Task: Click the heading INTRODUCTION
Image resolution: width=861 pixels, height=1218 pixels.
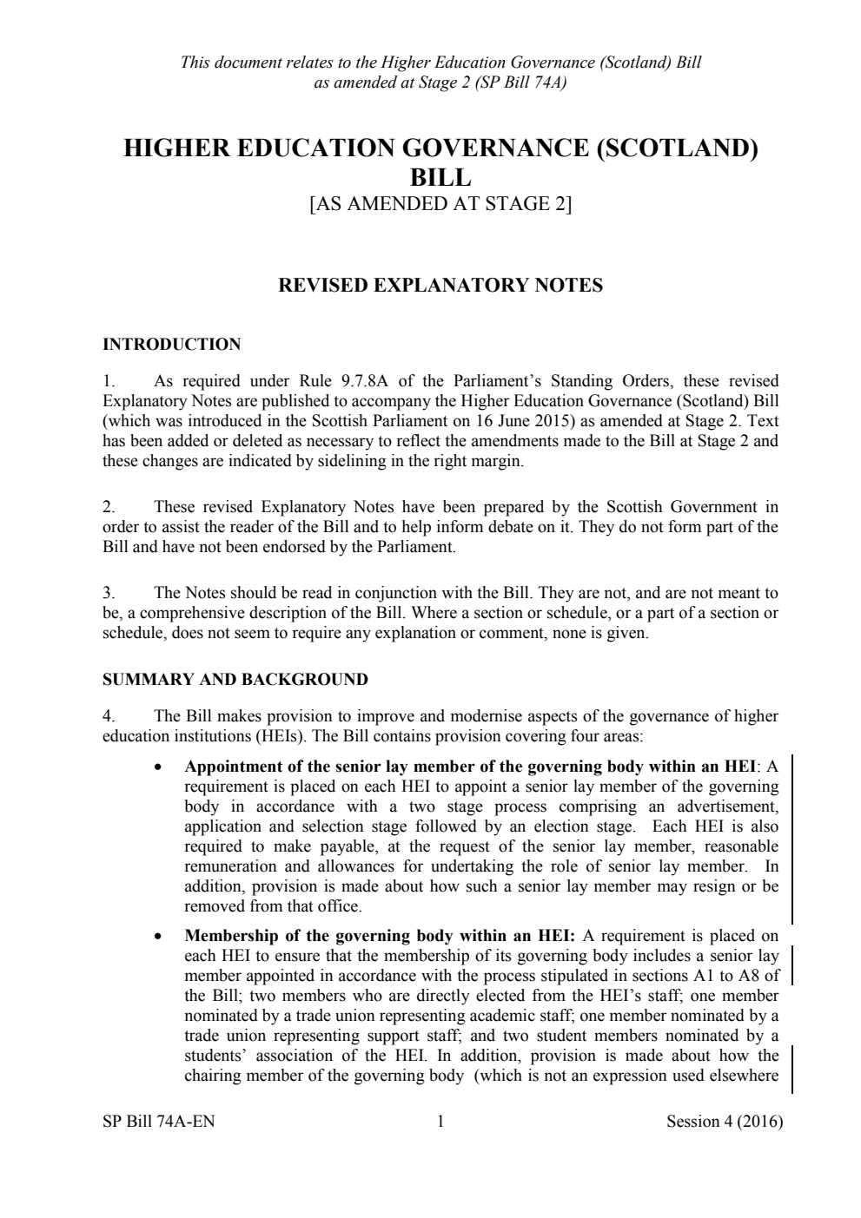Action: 172,345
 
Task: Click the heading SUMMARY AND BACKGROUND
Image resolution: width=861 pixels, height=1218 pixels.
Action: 235,680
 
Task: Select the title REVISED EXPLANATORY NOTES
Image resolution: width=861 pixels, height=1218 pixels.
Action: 440,286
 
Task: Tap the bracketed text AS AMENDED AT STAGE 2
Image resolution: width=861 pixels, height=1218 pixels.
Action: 440,205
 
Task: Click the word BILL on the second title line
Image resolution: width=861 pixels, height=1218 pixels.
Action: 440,177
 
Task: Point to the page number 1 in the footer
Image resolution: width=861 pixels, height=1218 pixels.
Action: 440,1122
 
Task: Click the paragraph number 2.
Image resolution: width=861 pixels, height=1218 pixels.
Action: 109,507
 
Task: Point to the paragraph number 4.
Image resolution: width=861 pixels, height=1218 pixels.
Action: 109,717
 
